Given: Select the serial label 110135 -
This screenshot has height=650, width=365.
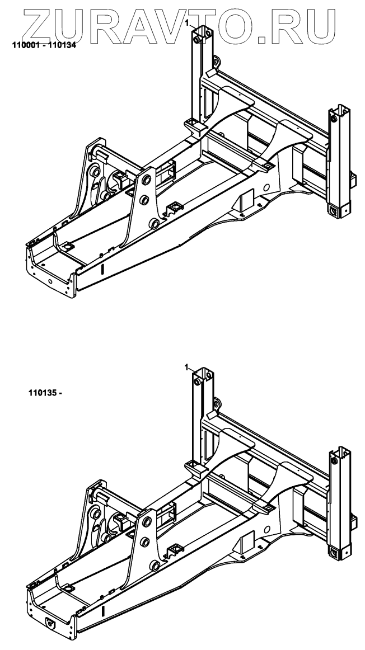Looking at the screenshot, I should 44,392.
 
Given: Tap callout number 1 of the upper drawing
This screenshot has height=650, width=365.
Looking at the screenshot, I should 187,23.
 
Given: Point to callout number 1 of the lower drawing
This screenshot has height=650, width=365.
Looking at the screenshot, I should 187,367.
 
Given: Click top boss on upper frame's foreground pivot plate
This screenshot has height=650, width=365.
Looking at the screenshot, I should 147,180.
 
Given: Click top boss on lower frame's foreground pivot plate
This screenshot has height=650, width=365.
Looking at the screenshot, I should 147,522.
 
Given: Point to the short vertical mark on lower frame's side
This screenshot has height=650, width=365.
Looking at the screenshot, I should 102,612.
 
